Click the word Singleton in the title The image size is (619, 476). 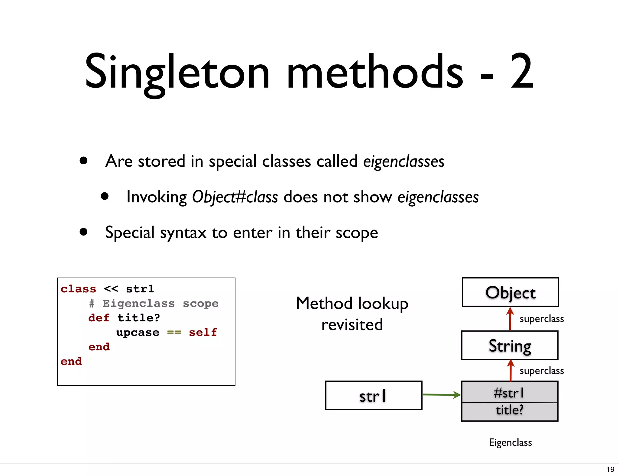177,72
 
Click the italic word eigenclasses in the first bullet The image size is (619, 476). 403,161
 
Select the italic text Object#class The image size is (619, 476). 235,197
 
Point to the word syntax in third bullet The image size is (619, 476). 183,233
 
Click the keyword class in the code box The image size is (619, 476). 78,289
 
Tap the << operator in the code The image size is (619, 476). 111,289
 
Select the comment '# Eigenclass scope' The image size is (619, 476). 154,303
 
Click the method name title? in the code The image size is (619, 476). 138,318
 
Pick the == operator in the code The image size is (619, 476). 174,332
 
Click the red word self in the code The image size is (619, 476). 203,332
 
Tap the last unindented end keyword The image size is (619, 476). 71,361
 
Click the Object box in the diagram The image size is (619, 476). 510,292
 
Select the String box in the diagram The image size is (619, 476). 510,345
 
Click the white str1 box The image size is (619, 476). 374,395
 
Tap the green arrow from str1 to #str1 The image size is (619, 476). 441,394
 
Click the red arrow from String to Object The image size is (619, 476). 510,319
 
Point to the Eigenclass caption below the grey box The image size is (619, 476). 510,442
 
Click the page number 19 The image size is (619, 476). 610,469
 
